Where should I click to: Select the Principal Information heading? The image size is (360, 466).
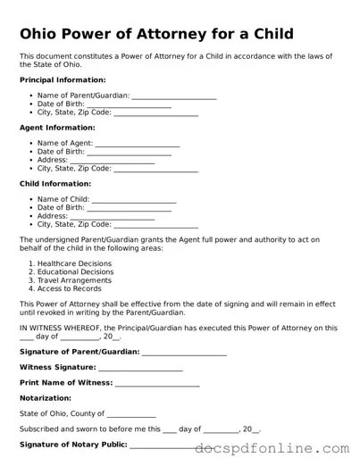pos(62,80)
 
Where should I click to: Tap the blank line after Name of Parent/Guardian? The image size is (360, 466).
pos(173,95)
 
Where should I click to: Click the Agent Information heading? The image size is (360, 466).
pos(56,128)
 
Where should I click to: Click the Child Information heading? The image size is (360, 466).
pos(55,184)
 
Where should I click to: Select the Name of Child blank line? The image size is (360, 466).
pos(134,199)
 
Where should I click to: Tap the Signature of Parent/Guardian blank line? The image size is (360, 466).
pos(184,352)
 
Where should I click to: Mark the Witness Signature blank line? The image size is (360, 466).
pos(140,368)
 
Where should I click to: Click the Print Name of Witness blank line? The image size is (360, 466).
pos(157,383)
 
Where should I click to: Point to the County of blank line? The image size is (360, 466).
pos(131,414)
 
